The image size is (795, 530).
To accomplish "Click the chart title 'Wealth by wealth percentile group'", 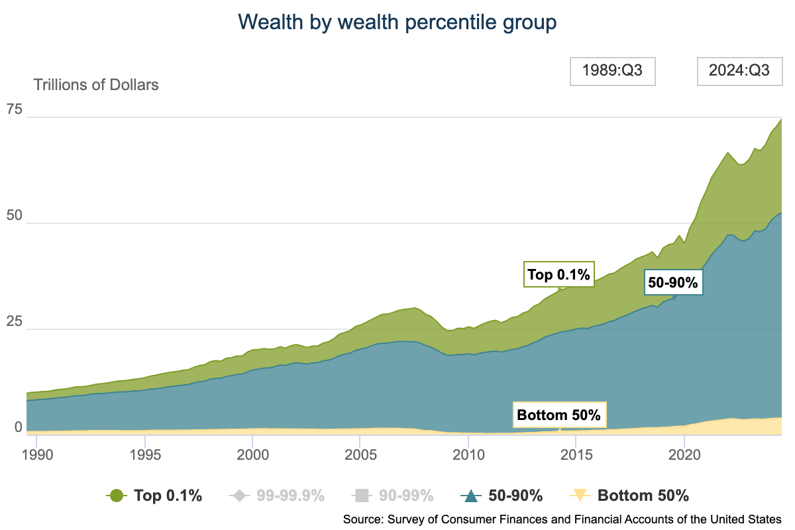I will click(x=397, y=22).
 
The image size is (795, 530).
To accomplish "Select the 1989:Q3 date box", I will click(x=612, y=72).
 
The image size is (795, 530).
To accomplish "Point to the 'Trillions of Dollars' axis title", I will click(x=96, y=85).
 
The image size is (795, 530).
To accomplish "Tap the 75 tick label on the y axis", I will click(x=15, y=109).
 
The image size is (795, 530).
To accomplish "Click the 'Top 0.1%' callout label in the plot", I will click(x=558, y=274).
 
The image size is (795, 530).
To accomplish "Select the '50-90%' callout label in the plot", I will click(x=672, y=283).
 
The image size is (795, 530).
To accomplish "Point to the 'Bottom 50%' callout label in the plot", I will click(x=558, y=415).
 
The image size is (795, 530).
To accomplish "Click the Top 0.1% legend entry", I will click(x=154, y=495).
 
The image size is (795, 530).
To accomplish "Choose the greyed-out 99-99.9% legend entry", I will click(x=276, y=495).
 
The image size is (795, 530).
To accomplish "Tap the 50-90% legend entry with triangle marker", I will click(x=502, y=495).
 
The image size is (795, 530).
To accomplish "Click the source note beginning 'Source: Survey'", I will click(x=562, y=518).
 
